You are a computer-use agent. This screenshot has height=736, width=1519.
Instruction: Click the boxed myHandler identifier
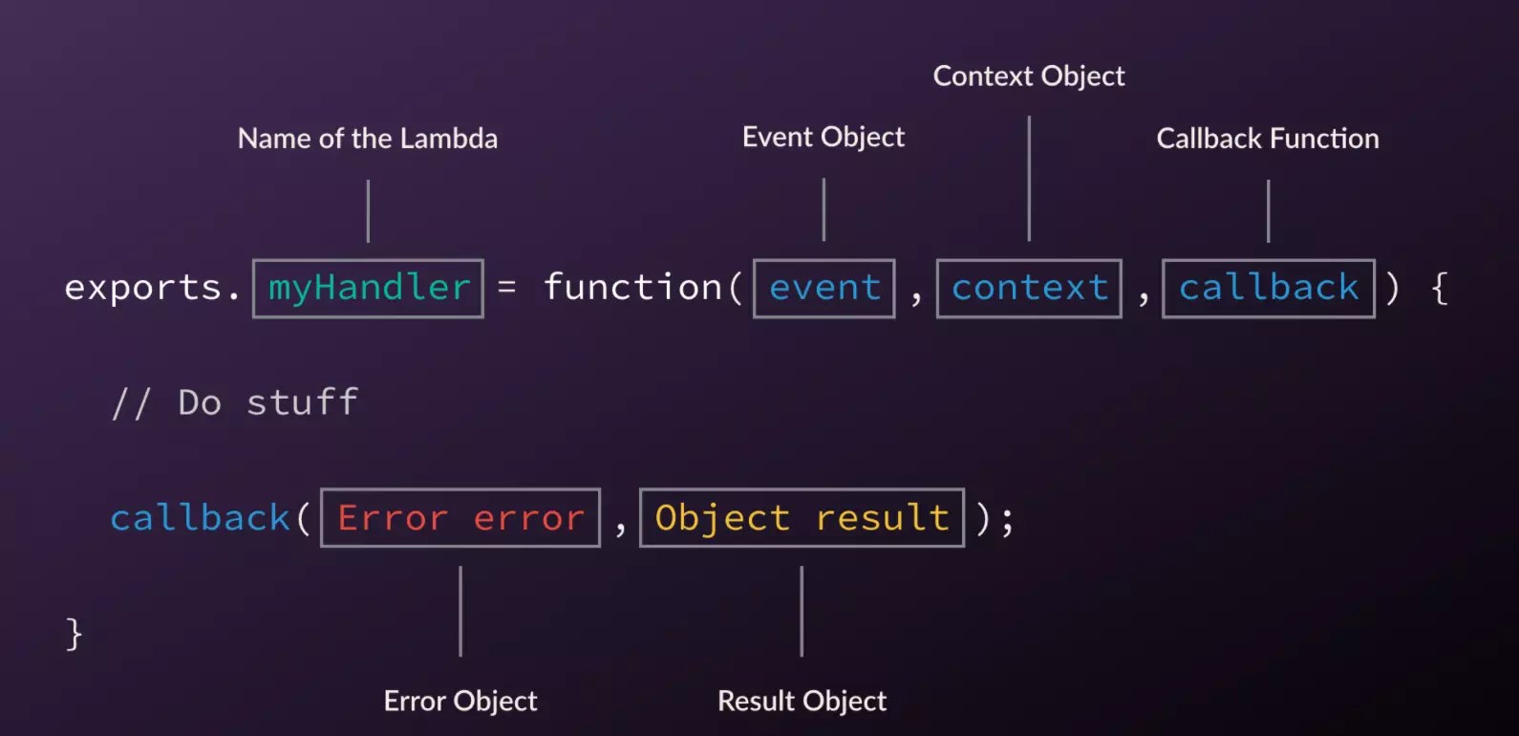click(368, 288)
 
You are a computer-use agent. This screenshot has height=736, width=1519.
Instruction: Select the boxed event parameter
click(824, 288)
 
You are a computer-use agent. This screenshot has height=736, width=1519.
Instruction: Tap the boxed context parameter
click(1029, 288)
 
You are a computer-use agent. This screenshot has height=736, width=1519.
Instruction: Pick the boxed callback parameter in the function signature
click(1268, 288)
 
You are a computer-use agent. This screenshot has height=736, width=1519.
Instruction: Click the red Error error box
click(460, 518)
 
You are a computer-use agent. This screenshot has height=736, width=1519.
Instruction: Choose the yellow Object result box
click(802, 518)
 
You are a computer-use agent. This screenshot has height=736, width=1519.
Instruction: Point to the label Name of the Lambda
click(368, 139)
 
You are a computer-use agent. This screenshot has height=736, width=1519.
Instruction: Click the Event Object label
click(824, 138)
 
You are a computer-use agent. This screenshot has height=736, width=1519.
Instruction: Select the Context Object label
click(1029, 76)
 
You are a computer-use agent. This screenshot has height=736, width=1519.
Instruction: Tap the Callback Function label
click(1268, 139)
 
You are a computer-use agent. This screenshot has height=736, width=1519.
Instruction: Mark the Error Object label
click(460, 702)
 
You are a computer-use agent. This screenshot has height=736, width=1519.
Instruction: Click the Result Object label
click(802, 702)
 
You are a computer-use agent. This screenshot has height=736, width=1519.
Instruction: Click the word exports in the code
click(143, 288)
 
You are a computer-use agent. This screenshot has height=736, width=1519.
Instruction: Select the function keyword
click(632, 288)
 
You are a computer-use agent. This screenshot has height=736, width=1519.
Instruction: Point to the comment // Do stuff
click(235, 403)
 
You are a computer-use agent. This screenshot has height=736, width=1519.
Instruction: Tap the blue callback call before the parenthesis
click(200, 518)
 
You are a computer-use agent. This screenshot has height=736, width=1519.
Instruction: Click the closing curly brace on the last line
click(74, 634)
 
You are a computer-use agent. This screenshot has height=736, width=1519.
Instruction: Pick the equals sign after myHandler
click(507, 288)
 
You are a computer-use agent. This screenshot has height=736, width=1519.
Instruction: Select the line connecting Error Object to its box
click(460, 612)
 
